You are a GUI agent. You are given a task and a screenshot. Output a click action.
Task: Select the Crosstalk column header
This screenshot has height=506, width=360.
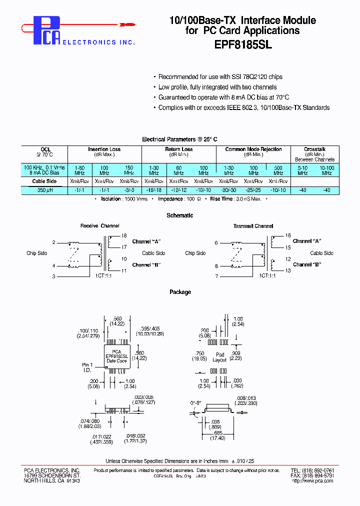[x=314, y=149]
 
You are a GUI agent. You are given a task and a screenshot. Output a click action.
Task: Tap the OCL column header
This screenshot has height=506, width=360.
[x=45, y=149]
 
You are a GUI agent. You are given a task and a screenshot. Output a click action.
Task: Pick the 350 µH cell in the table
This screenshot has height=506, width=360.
[x=45, y=190]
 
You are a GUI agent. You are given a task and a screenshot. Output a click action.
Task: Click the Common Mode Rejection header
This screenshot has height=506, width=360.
[x=253, y=149]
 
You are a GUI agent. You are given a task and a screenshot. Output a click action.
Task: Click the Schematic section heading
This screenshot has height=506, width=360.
[x=179, y=215]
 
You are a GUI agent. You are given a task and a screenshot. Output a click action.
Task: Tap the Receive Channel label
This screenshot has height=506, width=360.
[x=100, y=226]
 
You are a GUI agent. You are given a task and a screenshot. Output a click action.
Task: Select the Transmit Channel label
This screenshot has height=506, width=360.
[x=253, y=226]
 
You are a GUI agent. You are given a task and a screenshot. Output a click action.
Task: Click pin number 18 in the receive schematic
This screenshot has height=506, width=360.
[x=124, y=235]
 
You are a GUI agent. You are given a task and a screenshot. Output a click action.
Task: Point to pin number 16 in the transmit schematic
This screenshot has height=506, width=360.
[x=287, y=235]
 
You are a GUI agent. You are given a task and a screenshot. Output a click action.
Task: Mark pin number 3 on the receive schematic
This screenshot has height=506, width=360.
[x=53, y=276]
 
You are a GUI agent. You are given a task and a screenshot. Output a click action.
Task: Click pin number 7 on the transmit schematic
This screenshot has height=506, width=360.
[x=216, y=276]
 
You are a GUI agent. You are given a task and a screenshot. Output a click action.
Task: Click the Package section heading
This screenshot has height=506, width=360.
[x=180, y=292]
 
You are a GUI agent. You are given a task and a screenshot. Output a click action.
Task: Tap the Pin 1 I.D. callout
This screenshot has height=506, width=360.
[x=88, y=367]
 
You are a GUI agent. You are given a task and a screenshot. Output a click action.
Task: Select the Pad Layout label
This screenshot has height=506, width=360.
[x=220, y=357]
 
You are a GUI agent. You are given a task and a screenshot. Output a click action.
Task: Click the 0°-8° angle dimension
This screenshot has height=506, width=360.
[x=195, y=402]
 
